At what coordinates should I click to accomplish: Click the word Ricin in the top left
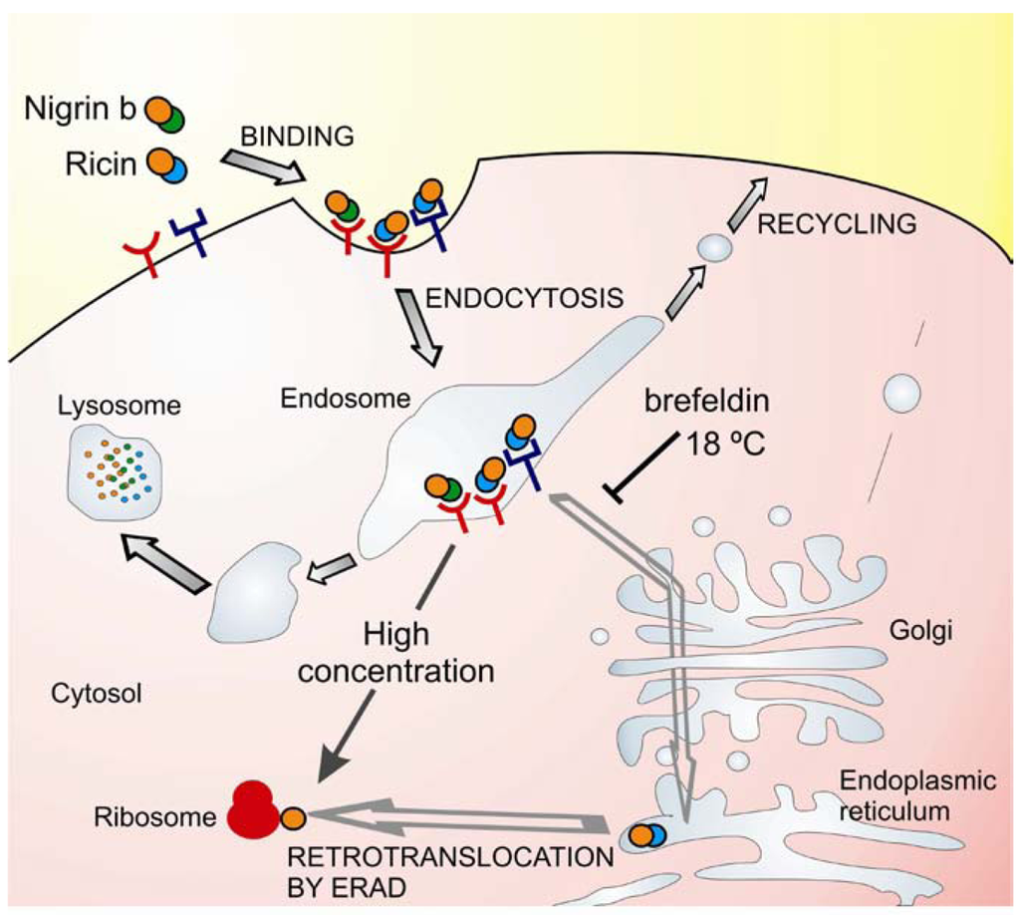click(x=102, y=162)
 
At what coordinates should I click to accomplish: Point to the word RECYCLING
click(x=837, y=224)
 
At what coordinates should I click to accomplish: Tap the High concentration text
click(x=396, y=652)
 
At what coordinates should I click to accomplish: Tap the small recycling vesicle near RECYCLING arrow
click(x=713, y=246)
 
